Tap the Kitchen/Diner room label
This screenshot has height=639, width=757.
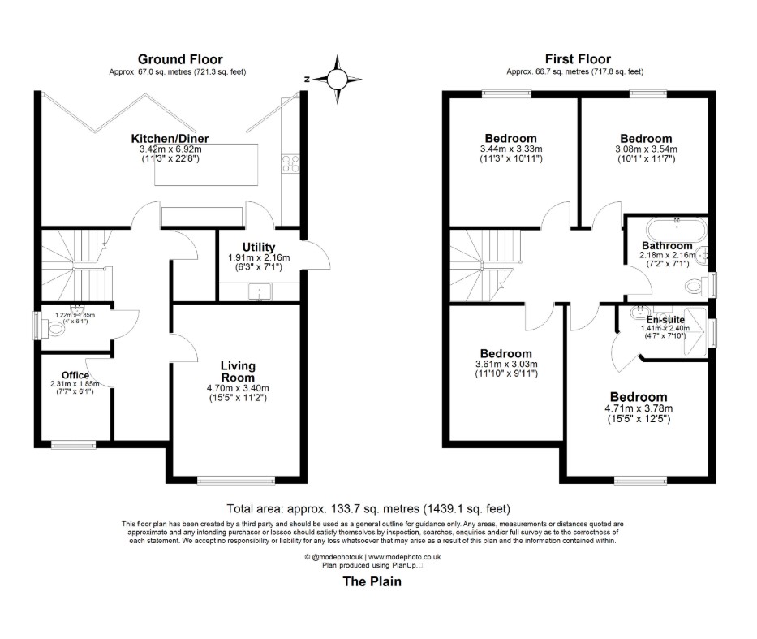pyautogui.click(x=170, y=139)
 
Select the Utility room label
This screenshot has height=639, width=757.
pyautogui.click(x=258, y=247)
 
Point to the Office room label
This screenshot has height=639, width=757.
pyautogui.click(x=75, y=375)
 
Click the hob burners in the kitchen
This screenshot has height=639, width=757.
pyautogui.click(x=289, y=164)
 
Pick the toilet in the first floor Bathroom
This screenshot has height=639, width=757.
pyautogui.click(x=696, y=286)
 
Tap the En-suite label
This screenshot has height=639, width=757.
pyautogui.click(x=665, y=320)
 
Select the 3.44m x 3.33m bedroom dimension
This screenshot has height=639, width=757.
pyautogui.click(x=510, y=149)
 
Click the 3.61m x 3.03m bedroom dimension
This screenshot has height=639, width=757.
pyautogui.click(x=505, y=365)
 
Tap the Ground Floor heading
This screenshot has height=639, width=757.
pyautogui.click(x=179, y=58)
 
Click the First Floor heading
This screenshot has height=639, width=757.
pyautogui.click(x=579, y=58)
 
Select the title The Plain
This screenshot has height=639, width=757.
pyautogui.click(x=372, y=581)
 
